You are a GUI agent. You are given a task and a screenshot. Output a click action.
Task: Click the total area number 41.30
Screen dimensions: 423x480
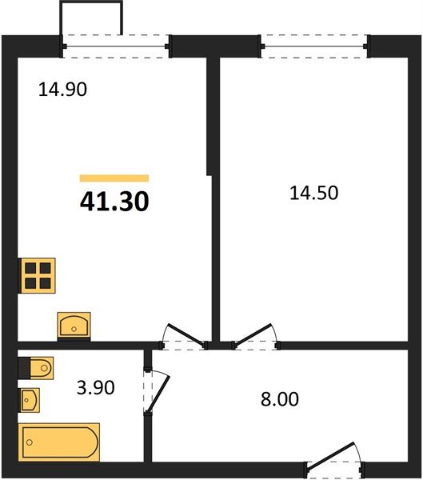coord(114,202)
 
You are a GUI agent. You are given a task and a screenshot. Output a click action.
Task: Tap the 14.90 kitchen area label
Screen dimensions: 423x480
coord(62,90)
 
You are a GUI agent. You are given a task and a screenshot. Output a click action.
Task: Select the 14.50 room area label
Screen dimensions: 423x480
coord(313,193)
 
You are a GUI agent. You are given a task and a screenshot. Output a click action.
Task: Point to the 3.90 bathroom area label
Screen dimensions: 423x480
coord(95,387)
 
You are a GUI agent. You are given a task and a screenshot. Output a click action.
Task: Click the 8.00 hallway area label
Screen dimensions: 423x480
coord(280,399)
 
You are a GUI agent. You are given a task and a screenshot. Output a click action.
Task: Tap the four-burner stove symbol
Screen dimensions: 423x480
coord(37,276)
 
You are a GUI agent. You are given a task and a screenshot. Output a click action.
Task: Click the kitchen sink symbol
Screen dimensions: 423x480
coord(74,326)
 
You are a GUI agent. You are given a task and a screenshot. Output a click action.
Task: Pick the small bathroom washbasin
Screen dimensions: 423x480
coord(30,400)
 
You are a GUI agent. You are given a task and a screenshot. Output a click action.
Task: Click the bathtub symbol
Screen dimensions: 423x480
coord(59,442)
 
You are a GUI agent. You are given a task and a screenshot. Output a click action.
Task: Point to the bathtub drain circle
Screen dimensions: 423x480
coord(30,442)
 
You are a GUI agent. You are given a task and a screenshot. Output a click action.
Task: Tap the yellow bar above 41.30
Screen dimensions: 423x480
coord(114,178)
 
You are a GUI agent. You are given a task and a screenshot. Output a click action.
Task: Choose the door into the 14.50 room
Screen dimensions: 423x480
coord(256,336)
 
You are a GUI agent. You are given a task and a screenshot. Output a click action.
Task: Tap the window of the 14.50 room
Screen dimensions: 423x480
coord(315,46)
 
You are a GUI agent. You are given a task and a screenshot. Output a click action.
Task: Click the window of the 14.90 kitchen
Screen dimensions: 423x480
coord(116,46)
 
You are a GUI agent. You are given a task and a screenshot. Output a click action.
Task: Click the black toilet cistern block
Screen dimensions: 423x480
coord(24,368)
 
